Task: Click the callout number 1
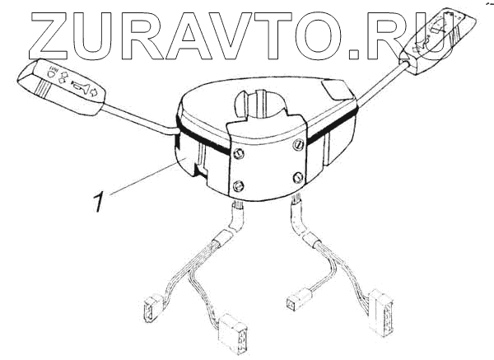click(99, 201)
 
